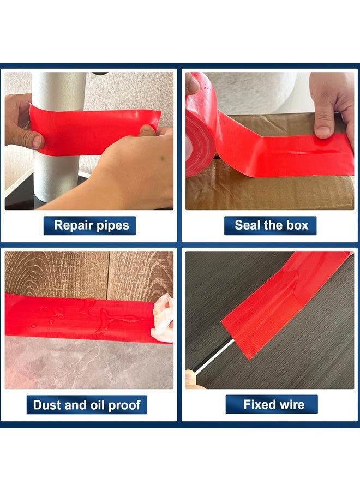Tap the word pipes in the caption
(112, 226)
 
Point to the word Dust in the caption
(46, 405)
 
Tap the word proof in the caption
(125, 405)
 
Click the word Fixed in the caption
(259, 404)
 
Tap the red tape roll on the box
(199, 136)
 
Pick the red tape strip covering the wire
(284, 303)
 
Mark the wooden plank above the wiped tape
(87, 273)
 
